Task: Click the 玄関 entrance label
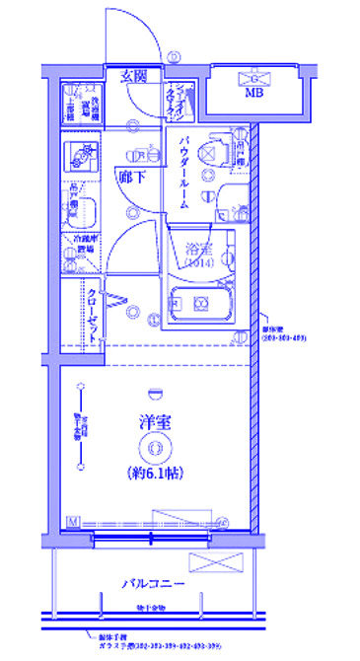pos(135,75)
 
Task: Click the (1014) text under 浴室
pos(198,264)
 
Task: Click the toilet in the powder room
pos(207,151)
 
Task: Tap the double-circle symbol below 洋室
pos(155,449)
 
